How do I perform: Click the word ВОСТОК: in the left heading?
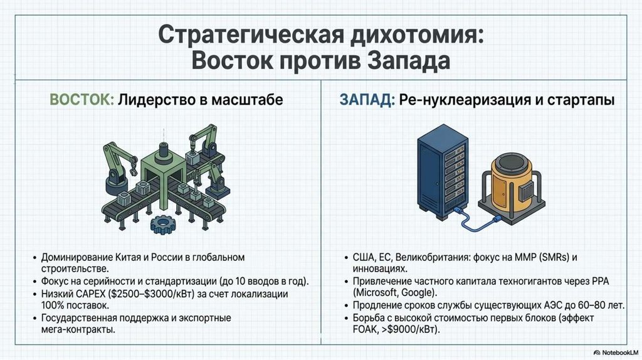coord(82,100)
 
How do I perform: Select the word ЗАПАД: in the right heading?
coord(367,100)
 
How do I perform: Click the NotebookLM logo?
coord(615,352)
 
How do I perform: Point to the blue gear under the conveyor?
coord(163,224)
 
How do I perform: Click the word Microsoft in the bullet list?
coord(376,292)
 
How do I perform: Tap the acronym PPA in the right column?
coord(600,282)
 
